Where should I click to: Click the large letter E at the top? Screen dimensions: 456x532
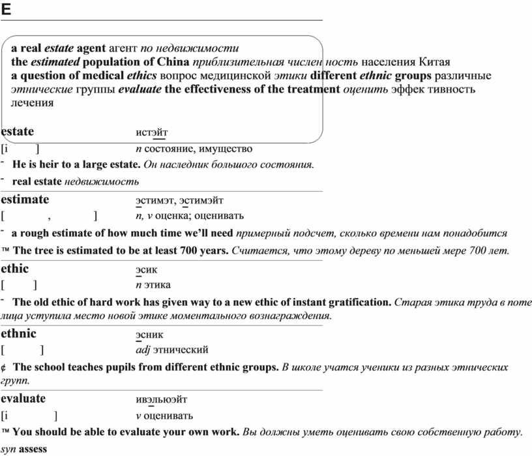click(6, 8)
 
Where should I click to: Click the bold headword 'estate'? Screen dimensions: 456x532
click(18, 132)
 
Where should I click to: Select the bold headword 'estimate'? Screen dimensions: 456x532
click(25, 199)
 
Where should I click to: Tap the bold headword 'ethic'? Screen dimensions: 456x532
click(15, 268)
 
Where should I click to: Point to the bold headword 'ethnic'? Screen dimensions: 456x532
click(19, 334)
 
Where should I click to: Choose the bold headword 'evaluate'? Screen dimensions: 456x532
click(23, 399)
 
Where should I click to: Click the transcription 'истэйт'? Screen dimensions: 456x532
click(151, 133)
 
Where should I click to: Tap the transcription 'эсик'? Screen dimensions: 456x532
click(147, 269)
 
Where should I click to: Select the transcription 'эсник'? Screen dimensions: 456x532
click(150, 335)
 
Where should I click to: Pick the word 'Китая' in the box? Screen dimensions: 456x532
click(435, 62)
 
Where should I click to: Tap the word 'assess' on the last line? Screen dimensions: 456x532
click(33, 449)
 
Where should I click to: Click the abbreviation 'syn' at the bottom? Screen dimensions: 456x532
click(8, 449)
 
